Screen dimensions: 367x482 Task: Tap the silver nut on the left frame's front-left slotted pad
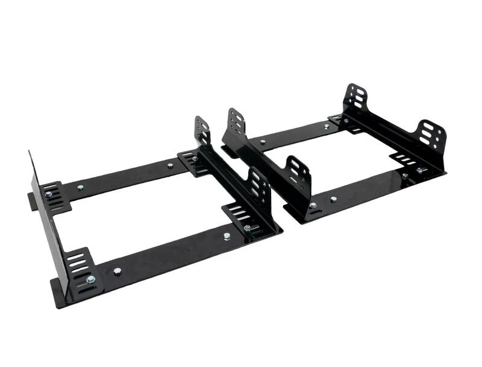pos(90,279)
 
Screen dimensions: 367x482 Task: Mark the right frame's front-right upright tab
pos(431,136)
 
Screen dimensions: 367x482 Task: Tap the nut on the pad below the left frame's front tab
pos(247,228)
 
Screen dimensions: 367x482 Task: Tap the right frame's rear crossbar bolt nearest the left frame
pos(262,143)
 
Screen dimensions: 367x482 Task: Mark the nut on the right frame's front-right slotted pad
pos(420,171)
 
